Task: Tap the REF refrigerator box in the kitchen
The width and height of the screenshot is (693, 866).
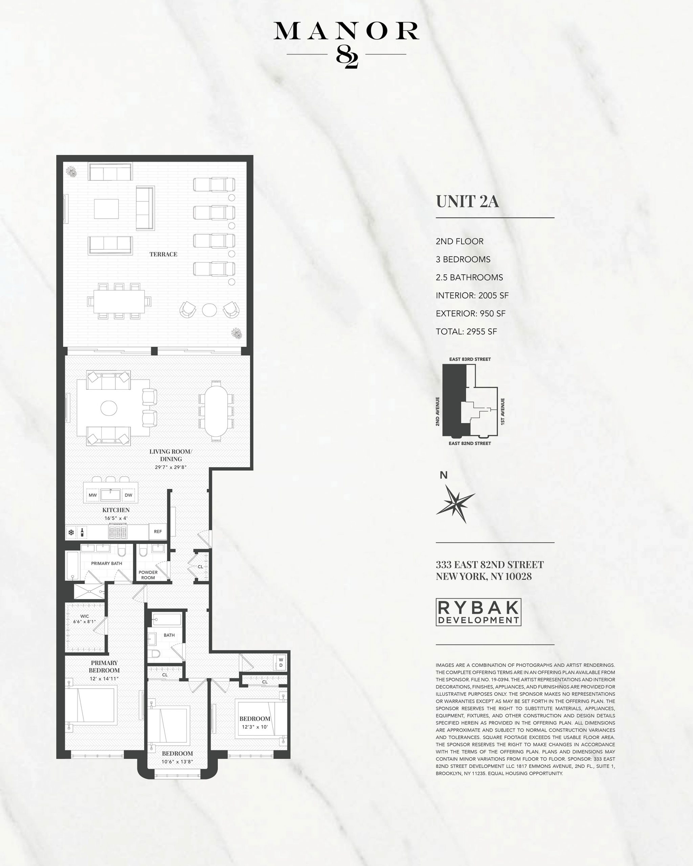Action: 157,531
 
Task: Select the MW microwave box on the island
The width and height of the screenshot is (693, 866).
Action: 93,495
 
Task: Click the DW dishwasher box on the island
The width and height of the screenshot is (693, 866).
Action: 129,495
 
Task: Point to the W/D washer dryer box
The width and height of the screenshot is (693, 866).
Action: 281,662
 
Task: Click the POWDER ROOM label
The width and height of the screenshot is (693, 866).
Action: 148,575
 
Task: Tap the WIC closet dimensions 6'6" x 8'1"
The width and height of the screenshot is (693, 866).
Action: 84,622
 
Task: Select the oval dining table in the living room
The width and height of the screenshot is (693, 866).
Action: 216,411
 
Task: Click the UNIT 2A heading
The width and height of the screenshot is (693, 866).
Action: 467,202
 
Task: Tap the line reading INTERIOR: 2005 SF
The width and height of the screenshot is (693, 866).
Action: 472,296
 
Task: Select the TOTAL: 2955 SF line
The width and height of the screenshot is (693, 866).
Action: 466,332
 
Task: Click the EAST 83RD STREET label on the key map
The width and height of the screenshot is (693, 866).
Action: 470,359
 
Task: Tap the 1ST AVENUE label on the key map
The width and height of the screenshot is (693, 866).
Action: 502,412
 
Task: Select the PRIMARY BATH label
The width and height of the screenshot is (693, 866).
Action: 107,564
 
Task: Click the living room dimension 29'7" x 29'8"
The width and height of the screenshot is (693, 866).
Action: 171,467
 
